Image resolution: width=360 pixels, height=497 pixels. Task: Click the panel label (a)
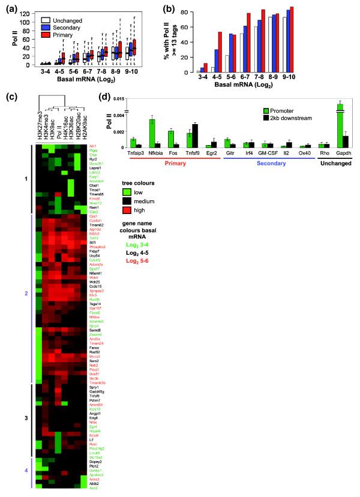pos(8,7)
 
